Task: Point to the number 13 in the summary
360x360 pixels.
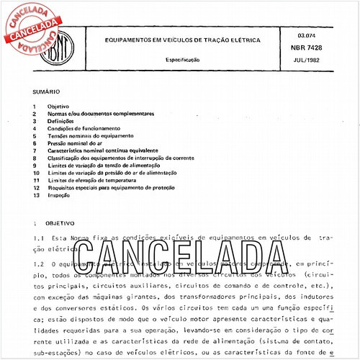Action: tap(36, 195)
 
